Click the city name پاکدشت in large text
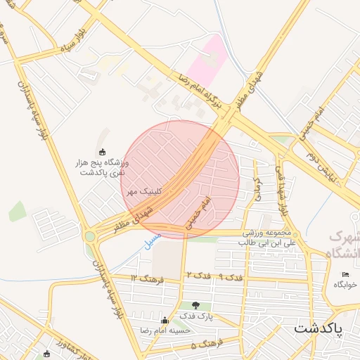pyautogui.click(x=318, y=328)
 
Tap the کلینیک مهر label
pyautogui.click(x=143, y=191)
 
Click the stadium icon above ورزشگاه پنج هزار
pyautogui.click(x=103, y=152)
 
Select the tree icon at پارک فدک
pyautogui.click(x=195, y=305)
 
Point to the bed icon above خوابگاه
pyautogui.click(x=345, y=274)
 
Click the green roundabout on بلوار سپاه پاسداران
pyautogui.click(x=89, y=236)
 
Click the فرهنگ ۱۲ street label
pyautogui.click(x=147, y=279)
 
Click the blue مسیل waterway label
pyautogui.click(x=150, y=240)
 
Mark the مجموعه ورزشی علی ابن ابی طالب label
pyautogui.click(x=266, y=237)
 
